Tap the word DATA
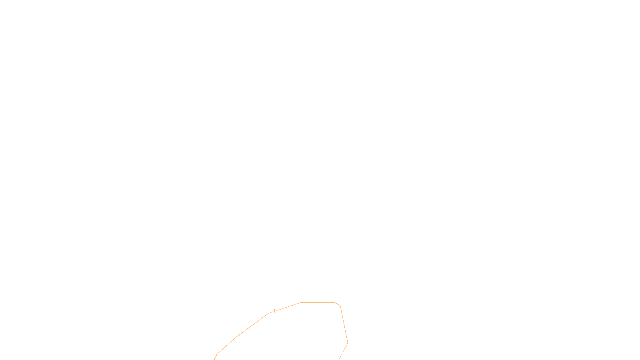pyautogui.click(x=338, y=354)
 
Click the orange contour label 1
pyautogui.click(x=274, y=311)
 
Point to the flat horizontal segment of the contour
pyautogui.click(x=318, y=303)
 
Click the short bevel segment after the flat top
pyautogui.click(x=338, y=304)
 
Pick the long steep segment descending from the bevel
pyautogui.click(x=344, y=324)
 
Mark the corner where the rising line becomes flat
pyautogui.click(x=300, y=303)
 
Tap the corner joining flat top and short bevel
pyautogui.click(x=335, y=303)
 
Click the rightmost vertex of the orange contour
pyautogui.click(x=348, y=343)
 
